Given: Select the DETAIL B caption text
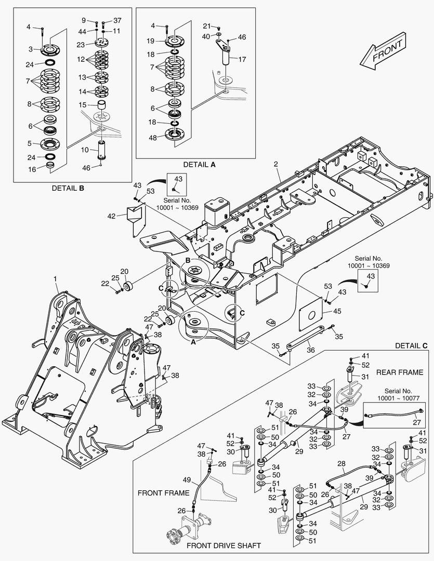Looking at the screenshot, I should click(68, 188).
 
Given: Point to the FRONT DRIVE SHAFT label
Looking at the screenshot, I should click(223, 546).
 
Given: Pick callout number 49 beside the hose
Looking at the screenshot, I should click(186, 479).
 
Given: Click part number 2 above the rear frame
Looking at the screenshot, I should click(277, 164).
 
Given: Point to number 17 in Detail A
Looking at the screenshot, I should click(242, 59).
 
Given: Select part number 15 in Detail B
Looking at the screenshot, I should click(83, 105).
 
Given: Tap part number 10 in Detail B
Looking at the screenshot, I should click(85, 150).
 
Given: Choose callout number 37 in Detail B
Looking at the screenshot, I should click(117, 20).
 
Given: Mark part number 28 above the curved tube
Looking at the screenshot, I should click(341, 463).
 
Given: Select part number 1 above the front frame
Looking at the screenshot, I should click(56, 279).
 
